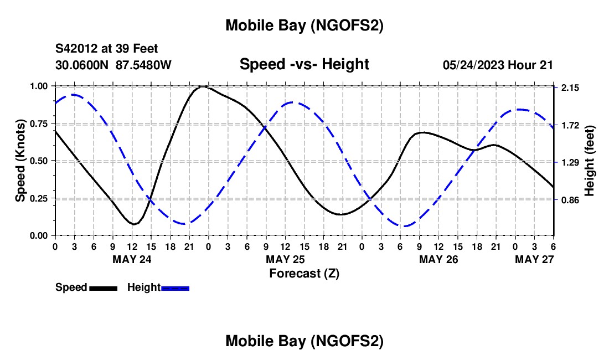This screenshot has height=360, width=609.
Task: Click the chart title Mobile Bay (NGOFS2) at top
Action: pyautogui.click(x=304, y=25)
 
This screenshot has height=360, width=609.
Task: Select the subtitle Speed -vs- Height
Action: pyautogui.click(x=304, y=64)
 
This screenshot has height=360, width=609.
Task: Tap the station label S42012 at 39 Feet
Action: pyautogui.click(x=107, y=49)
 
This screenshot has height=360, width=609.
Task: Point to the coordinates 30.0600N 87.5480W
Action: pyautogui.click(x=113, y=65)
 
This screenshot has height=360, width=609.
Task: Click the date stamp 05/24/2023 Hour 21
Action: pyautogui.click(x=498, y=65)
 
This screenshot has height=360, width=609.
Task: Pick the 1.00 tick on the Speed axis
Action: pyautogui.click(x=40, y=86)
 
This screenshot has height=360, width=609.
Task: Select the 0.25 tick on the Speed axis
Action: pyautogui.click(x=40, y=198)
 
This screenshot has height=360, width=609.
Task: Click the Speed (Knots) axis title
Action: pyautogui.click(x=20, y=161)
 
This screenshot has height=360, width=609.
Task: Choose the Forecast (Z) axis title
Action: pyautogui.click(x=304, y=273)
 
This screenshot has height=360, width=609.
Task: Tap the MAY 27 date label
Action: pyautogui.click(x=535, y=259)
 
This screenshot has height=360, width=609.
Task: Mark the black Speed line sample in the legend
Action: pyautogui.click(x=103, y=288)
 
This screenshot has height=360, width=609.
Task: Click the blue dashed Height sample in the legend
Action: pyautogui.click(x=176, y=288)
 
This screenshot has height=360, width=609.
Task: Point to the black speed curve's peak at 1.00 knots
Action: pyautogui.click(x=204, y=86)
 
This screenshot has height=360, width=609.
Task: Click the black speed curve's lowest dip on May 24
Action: pyautogui.click(x=133, y=224)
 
